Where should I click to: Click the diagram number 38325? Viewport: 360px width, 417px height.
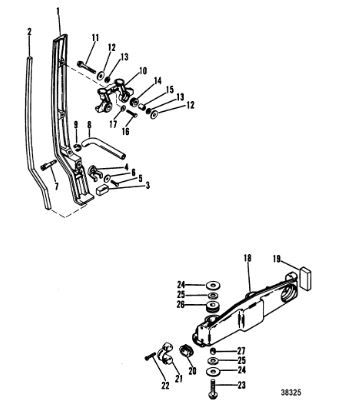pyautogui.click(x=291, y=392)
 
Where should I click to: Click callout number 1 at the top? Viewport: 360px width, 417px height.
pyautogui.click(x=58, y=12)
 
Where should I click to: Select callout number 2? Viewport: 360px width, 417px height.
pyautogui.click(x=29, y=32)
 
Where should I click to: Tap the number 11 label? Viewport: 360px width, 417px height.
pyautogui.click(x=95, y=38)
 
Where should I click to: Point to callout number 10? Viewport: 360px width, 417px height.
pyautogui.click(x=143, y=71)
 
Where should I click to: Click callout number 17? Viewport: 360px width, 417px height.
pyautogui.click(x=113, y=124)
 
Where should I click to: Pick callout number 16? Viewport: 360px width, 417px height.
pyautogui.click(x=125, y=132)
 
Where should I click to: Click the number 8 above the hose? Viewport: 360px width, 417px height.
pyautogui.click(x=89, y=125)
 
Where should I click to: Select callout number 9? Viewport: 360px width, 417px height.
pyautogui.click(x=76, y=125)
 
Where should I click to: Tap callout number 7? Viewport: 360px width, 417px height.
pyautogui.click(x=56, y=186)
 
